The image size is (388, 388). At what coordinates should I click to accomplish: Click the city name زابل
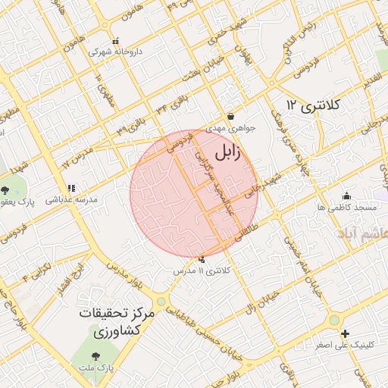tap(227, 152)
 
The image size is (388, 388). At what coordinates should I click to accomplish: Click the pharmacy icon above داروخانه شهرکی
tap(115, 42)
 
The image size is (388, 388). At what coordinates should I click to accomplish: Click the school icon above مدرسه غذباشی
tap(71, 188)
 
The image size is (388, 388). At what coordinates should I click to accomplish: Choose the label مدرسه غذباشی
tap(71, 200)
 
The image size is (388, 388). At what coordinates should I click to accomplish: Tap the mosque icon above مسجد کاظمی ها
tap(347, 196)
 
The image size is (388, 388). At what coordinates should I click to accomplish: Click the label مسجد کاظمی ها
tap(348, 207)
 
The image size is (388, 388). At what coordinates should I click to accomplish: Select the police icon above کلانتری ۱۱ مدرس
tap(202, 260)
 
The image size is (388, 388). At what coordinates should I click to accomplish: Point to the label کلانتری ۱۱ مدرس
tap(201, 271)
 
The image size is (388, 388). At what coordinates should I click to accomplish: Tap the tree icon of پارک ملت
tap(95, 356)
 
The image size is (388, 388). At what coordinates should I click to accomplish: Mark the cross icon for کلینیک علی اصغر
tap(345, 333)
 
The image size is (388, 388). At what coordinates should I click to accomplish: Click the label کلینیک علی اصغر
tap(345, 345)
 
